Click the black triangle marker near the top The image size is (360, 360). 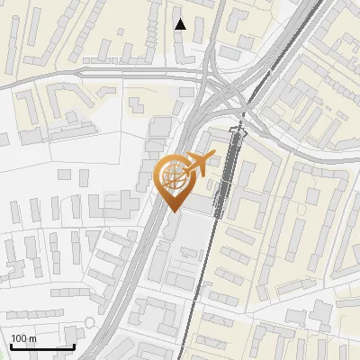coord(181,24)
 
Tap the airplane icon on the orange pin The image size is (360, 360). coord(196,165)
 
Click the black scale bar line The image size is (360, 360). coord(41,346)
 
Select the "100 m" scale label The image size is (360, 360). coord(23,338)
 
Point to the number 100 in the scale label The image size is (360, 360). coord(19,338)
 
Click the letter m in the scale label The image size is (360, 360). coord(32,338)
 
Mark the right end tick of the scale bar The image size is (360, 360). coord(74,345)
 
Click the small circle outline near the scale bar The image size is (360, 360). coord(89,321)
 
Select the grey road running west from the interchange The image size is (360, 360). coord(108,72)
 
